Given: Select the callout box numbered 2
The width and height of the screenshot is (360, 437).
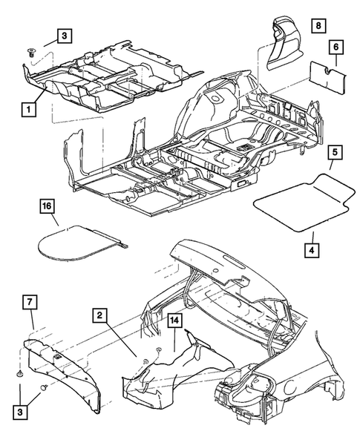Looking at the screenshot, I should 98,315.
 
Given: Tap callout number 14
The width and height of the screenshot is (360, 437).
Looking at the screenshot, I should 175,321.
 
